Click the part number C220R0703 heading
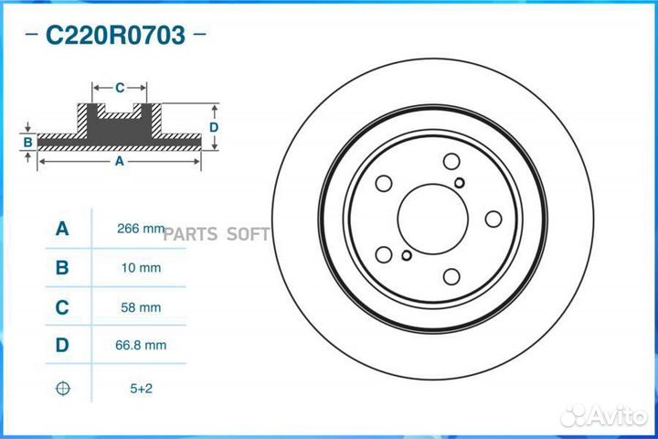pyautogui.click(x=115, y=36)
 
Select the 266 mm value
pyautogui.click(x=140, y=229)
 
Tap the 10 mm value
pyautogui.click(x=140, y=268)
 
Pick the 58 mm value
pyautogui.click(x=140, y=307)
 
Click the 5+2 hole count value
pyautogui.click(x=140, y=388)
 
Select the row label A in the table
pyautogui.click(x=62, y=229)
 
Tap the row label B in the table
pyautogui.click(x=62, y=268)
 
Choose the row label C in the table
pyautogui.click(x=62, y=307)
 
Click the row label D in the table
pyautogui.click(x=62, y=346)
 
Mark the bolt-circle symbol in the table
pyautogui.click(x=62, y=388)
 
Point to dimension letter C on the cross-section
pyautogui.click(x=120, y=88)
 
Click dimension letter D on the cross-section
pyautogui.click(x=213, y=127)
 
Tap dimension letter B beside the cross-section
pyautogui.click(x=28, y=142)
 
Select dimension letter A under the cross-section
pyautogui.click(x=119, y=161)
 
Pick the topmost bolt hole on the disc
pyautogui.click(x=451, y=162)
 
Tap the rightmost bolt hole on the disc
pyautogui.click(x=493, y=219)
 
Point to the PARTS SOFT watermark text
pyautogui.click(x=217, y=233)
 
